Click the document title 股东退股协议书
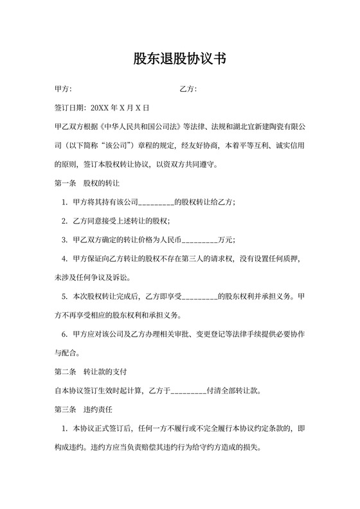[179, 59]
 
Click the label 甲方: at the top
[63, 89]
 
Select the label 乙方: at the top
[188, 89]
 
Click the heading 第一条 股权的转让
[87, 183]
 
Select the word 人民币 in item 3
[170, 240]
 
